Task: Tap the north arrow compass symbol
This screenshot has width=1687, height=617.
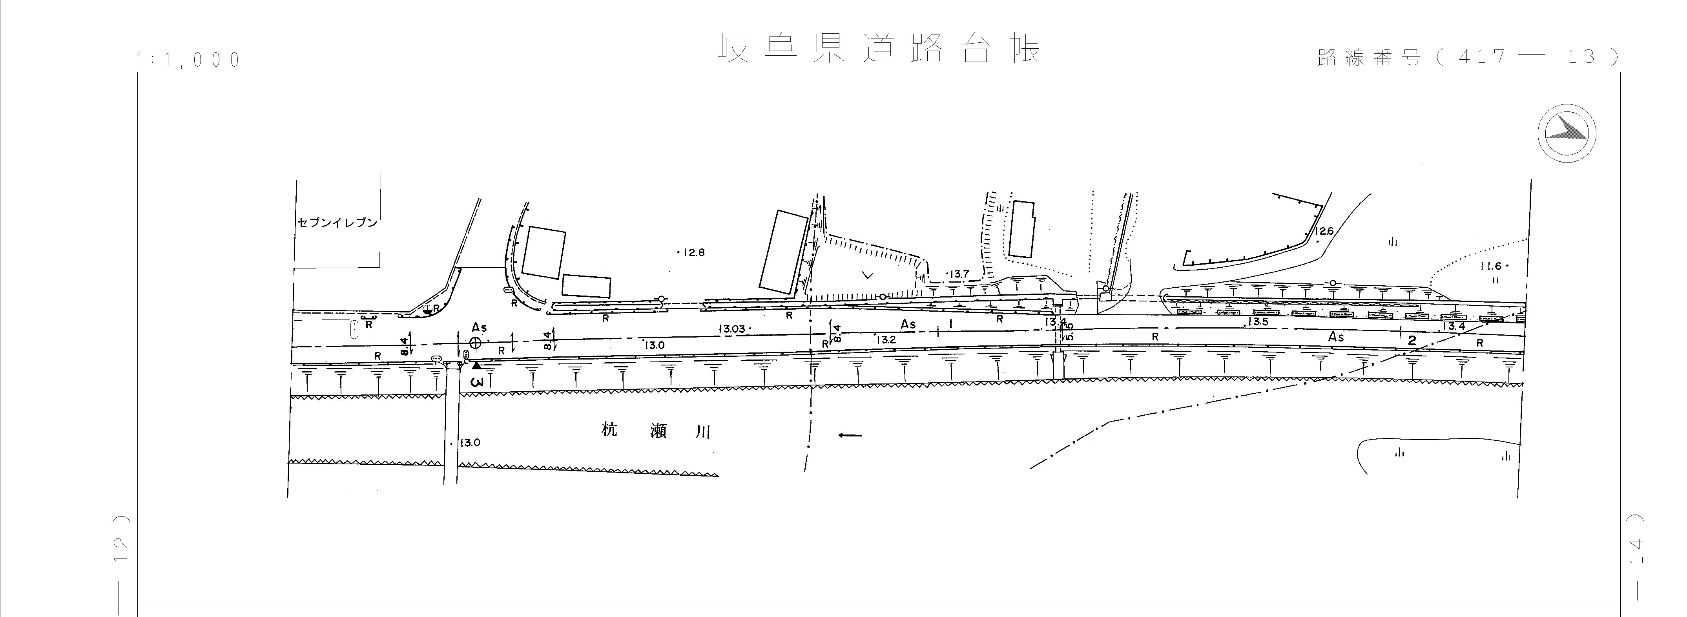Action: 1567,133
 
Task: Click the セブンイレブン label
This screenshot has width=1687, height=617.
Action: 337,223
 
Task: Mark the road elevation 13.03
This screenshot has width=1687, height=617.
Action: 732,329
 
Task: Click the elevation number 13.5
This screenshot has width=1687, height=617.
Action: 1258,321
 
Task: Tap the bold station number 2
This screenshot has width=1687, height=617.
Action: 1412,341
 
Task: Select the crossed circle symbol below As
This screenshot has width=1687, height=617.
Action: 476,343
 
